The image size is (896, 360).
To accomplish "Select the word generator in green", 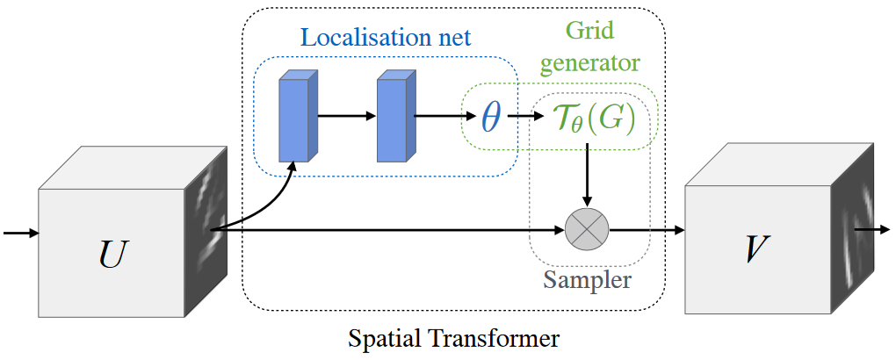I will pyautogui.click(x=589, y=63).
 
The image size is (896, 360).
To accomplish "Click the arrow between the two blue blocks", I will pyautogui.click(x=346, y=114).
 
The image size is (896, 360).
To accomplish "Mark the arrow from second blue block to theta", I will pyautogui.click(x=444, y=114).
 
